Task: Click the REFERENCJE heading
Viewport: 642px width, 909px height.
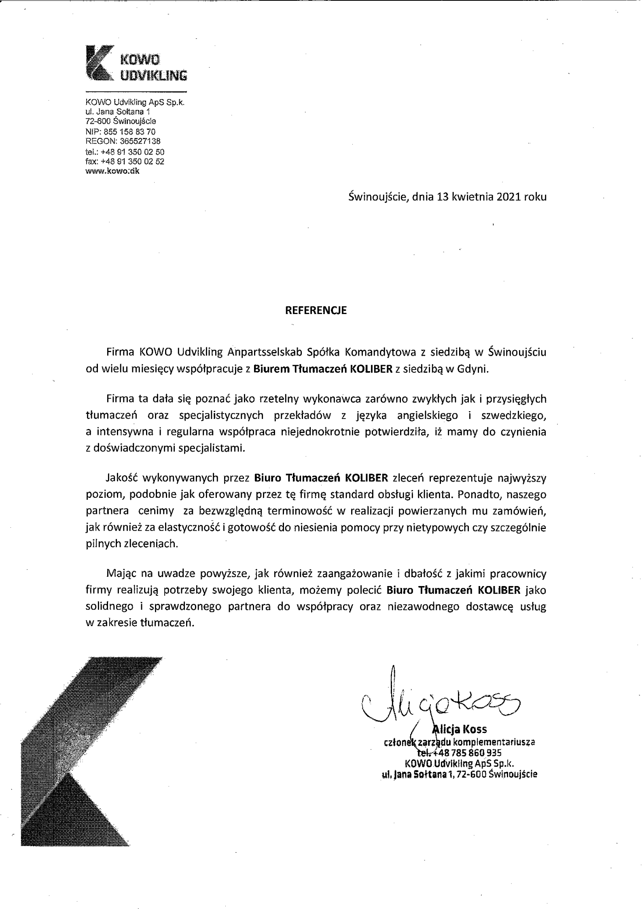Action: click(316, 310)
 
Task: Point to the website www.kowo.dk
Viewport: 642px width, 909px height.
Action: click(112, 171)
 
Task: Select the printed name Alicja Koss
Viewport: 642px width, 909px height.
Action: click(460, 729)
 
